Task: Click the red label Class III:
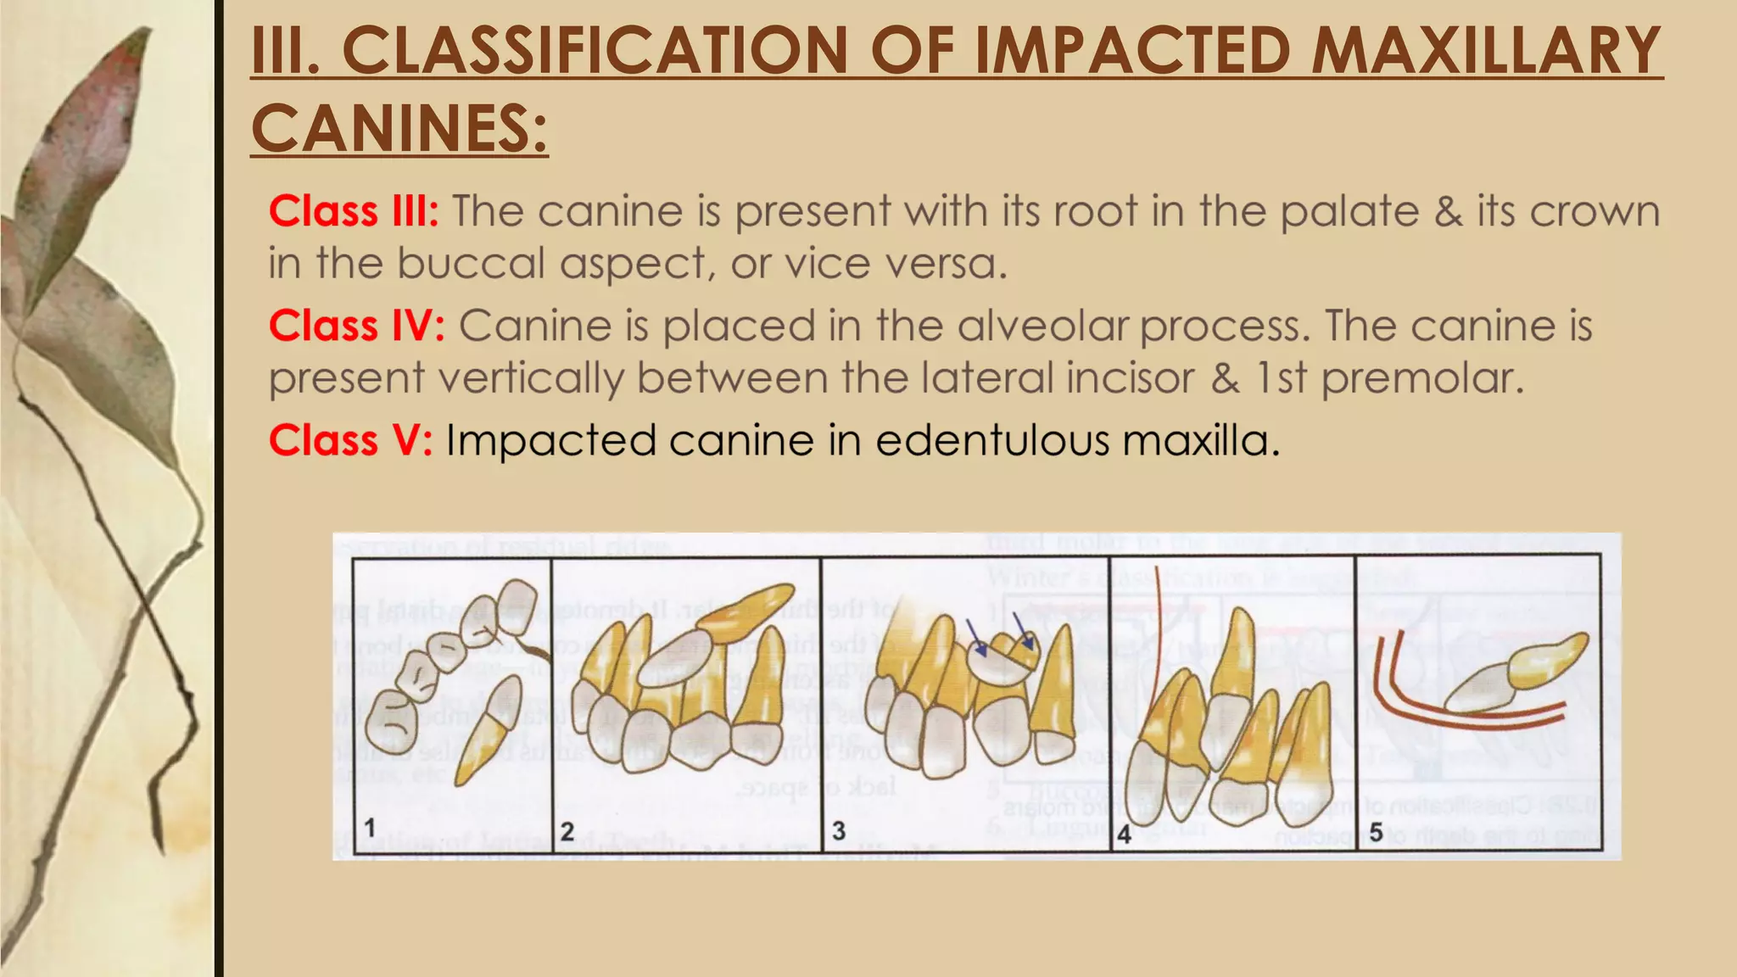pos(354,211)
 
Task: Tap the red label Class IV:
pos(357,326)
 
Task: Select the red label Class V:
pos(350,440)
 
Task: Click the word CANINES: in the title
pos(399,128)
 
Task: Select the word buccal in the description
pos(471,263)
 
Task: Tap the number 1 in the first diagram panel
pos(370,828)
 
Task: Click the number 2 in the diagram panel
pos(567,830)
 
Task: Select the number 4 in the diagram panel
pos(1125,834)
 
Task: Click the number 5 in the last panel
pos(1376,832)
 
